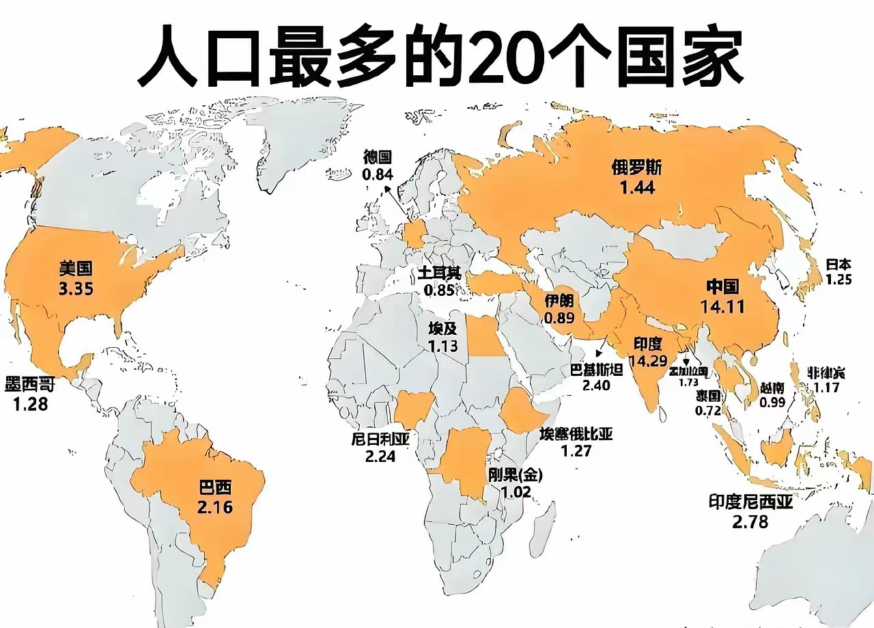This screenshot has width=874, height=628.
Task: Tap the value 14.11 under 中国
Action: pyautogui.click(x=722, y=307)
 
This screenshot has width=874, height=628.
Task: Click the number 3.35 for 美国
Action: pyautogui.click(x=76, y=288)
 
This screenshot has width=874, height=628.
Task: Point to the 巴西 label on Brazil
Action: pyautogui.click(x=214, y=488)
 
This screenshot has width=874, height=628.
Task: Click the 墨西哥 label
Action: pyautogui.click(x=29, y=385)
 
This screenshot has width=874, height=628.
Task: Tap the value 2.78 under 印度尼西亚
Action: pyautogui.click(x=750, y=522)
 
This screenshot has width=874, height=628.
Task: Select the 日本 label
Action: pyautogui.click(x=838, y=264)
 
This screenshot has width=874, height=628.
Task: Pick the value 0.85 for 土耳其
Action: pyautogui.click(x=438, y=290)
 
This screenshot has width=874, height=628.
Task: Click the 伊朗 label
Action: pyautogui.click(x=559, y=301)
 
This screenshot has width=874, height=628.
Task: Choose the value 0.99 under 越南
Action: pyautogui.click(x=773, y=402)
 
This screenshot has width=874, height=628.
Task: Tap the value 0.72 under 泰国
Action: pyautogui.click(x=708, y=411)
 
